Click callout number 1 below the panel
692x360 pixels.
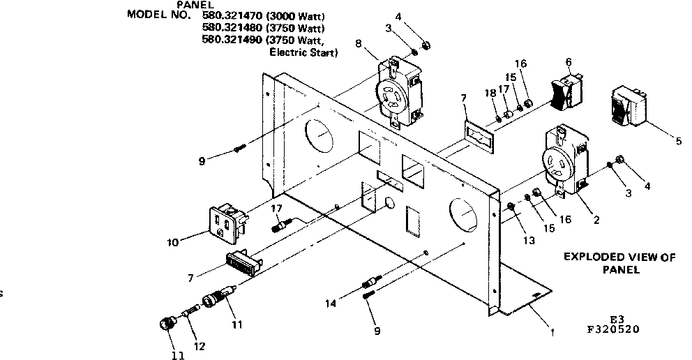tap(553, 333)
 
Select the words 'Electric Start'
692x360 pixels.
tap(302, 52)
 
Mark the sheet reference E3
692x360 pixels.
tap(616, 320)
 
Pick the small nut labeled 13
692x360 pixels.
tap(511, 207)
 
